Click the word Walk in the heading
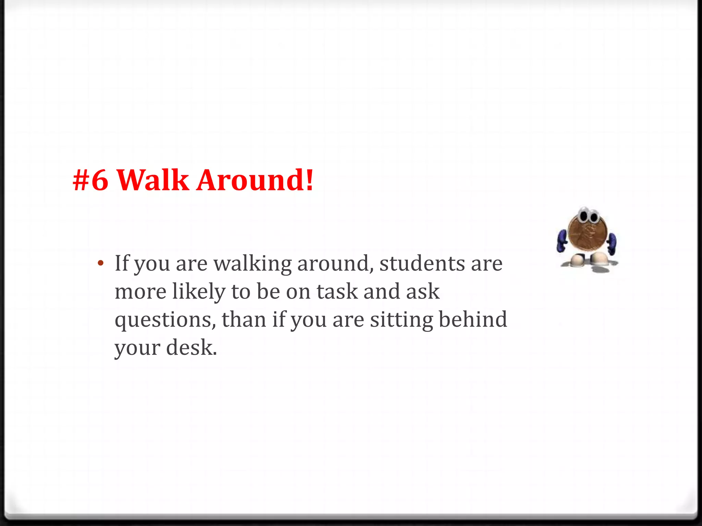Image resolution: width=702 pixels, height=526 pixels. point(153,180)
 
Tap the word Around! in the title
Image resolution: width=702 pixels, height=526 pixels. point(255,180)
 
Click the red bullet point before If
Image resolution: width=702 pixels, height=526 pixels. point(100,263)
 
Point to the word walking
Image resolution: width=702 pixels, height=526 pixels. point(252,264)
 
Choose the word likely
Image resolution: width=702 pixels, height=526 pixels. point(199,292)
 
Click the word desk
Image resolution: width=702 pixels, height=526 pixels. point(191,348)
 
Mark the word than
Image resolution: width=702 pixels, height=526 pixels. point(244,320)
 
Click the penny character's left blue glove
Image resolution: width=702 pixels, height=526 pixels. point(562,241)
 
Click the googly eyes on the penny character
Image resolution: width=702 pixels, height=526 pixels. point(589,216)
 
